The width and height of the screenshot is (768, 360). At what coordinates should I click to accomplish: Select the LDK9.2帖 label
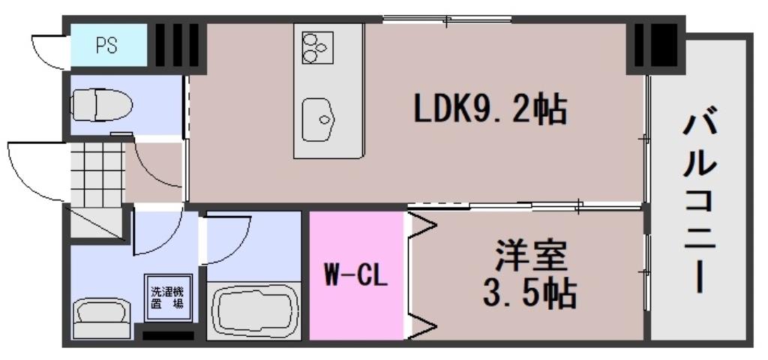click(x=490, y=110)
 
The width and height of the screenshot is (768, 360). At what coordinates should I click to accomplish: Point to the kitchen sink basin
click(x=321, y=119)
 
